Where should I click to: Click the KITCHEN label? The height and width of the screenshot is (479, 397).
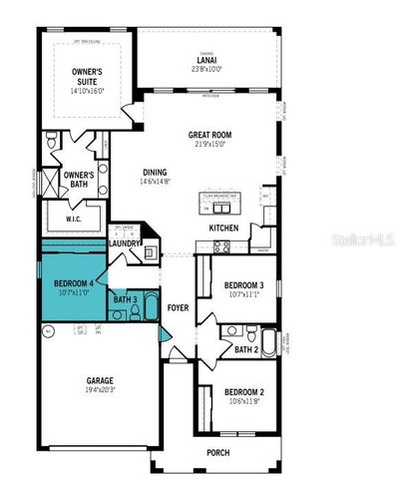[222, 228]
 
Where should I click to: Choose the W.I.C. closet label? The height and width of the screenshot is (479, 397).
[74, 219]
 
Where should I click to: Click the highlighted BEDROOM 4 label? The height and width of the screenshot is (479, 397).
[74, 283]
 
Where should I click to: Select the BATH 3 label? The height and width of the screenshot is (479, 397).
[125, 299]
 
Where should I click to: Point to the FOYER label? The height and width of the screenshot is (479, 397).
[178, 307]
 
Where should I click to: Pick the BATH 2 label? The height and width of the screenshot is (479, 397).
[246, 349]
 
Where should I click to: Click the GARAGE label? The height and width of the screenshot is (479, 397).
[99, 380]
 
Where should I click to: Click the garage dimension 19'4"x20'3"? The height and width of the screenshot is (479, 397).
[99, 391]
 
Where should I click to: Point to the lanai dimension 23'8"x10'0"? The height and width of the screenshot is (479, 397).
[206, 69]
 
